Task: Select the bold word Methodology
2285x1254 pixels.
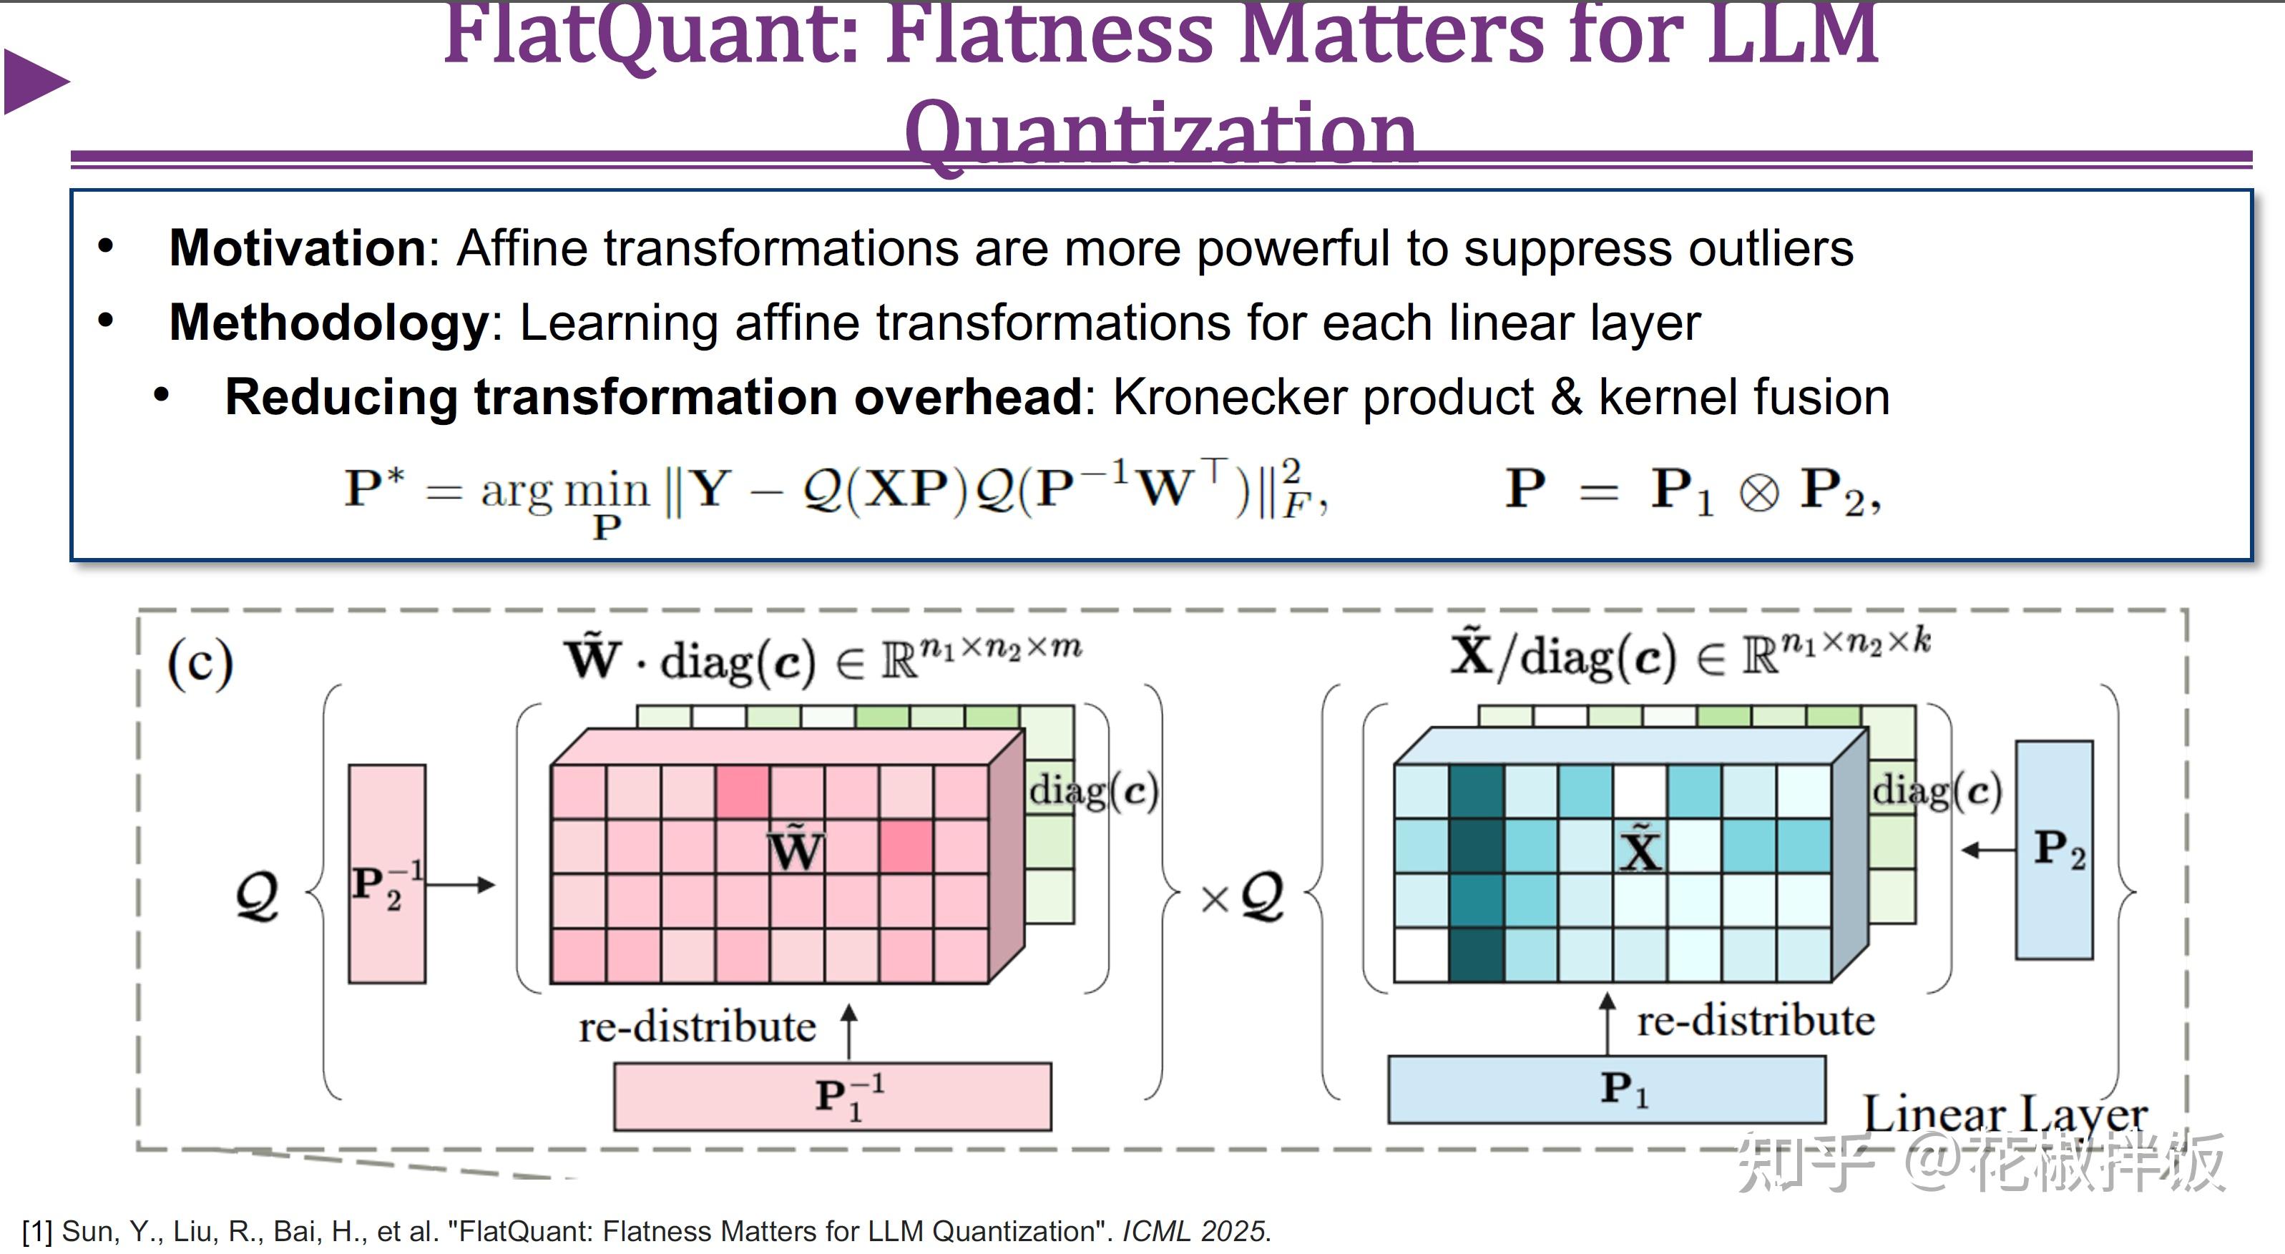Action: [328, 322]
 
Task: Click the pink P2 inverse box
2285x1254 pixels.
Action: [387, 873]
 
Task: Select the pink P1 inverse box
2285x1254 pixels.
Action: [832, 1097]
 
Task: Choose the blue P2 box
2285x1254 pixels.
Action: [2055, 850]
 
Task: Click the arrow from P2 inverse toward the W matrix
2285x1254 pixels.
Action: [461, 884]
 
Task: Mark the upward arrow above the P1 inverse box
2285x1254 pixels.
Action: [849, 1031]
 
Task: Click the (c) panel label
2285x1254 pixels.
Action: [200, 663]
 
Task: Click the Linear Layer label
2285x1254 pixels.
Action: [2005, 1114]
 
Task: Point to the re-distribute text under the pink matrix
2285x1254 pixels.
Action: [698, 1027]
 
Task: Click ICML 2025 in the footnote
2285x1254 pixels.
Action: [1195, 1231]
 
